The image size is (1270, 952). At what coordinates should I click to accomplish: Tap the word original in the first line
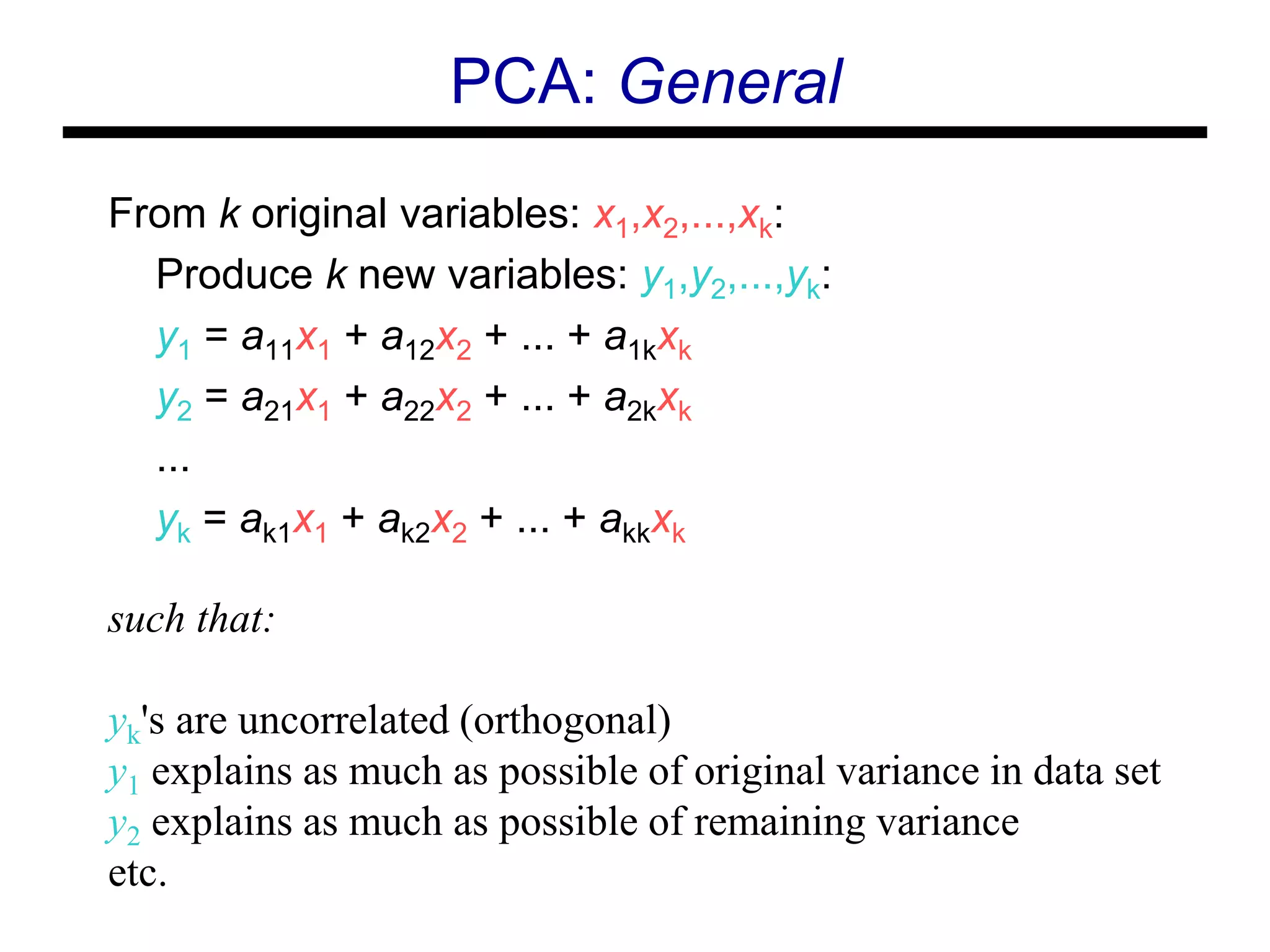tap(319, 214)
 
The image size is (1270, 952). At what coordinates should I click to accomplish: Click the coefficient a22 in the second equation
tap(407, 402)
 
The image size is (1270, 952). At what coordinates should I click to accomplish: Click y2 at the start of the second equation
tap(174, 402)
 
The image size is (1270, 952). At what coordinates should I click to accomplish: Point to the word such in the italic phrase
tap(146, 619)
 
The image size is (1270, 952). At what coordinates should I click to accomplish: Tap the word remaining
tap(779, 824)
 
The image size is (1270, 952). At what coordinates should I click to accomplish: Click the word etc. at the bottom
tap(138, 873)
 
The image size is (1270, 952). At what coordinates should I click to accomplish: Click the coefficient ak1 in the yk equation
tap(265, 524)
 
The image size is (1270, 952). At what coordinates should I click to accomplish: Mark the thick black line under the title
tap(634, 133)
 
